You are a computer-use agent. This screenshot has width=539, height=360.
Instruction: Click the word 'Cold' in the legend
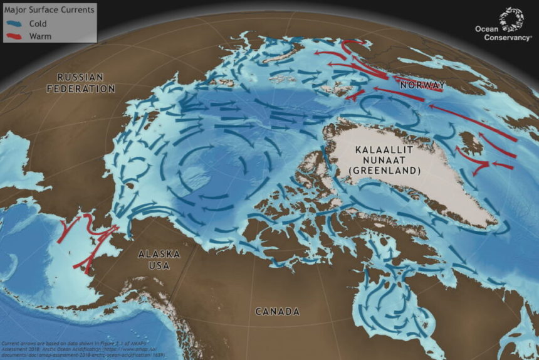(x=38, y=23)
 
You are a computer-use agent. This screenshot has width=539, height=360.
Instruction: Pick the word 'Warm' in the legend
(x=39, y=36)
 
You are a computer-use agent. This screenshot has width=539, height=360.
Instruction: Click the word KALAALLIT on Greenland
(x=382, y=150)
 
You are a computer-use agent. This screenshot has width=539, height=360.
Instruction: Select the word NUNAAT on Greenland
(x=382, y=160)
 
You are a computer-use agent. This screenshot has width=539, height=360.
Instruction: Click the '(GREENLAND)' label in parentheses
(x=382, y=171)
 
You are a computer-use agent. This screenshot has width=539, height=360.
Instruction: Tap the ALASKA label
(x=159, y=254)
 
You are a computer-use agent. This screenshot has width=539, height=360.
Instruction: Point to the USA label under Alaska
(x=159, y=265)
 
